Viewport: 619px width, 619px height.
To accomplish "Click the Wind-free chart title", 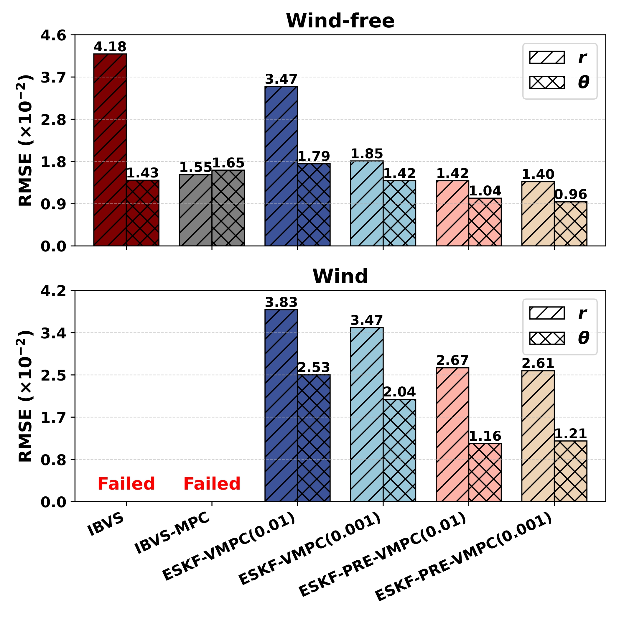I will [340, 21].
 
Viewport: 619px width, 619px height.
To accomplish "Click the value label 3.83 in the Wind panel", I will [281, 302].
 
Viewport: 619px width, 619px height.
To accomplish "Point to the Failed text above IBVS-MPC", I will [212, 484].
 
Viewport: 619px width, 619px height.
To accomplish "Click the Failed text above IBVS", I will [126, 484].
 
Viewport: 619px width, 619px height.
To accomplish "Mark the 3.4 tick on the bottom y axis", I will [53, 333].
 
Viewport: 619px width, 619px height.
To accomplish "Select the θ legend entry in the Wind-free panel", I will [559, 83].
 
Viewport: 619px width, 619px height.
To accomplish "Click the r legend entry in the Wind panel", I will [559, 313].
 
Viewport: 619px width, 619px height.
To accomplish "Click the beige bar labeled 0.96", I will [570, 224].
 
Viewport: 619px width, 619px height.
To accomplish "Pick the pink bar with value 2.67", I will [452, 434].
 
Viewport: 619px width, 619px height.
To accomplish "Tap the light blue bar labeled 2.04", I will [399, 450].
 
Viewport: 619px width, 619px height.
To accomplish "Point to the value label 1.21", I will [570, 434].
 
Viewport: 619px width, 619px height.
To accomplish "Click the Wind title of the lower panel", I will [340, 276].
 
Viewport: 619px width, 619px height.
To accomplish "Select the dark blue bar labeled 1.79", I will [314, 205].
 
